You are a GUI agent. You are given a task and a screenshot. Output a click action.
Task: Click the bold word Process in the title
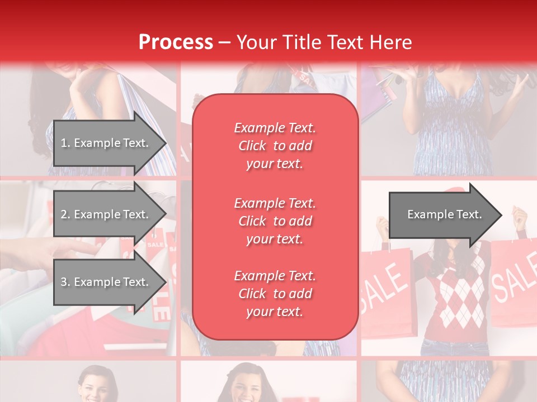(x=176, y=42)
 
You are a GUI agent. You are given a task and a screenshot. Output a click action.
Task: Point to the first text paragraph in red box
(x=275, y=146)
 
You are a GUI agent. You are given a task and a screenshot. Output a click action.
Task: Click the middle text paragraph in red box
(x=275, y=221)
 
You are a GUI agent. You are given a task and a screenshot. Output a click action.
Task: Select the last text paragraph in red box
(x=275, y=294)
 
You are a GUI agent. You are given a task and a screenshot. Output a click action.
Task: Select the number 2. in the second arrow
(x=65, y=214)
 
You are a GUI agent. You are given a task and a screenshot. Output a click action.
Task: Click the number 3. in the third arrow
(x=65, y=282)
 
